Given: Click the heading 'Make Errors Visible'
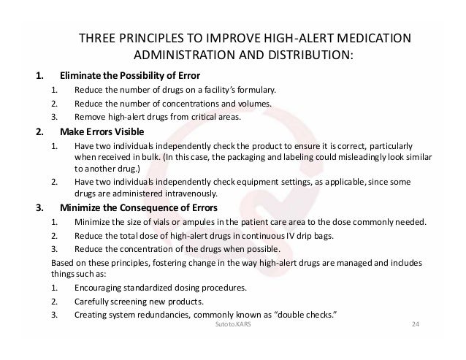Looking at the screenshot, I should (102, 132).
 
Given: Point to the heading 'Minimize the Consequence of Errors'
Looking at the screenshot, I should (138, 207).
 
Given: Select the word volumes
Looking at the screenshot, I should (253, 104).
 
